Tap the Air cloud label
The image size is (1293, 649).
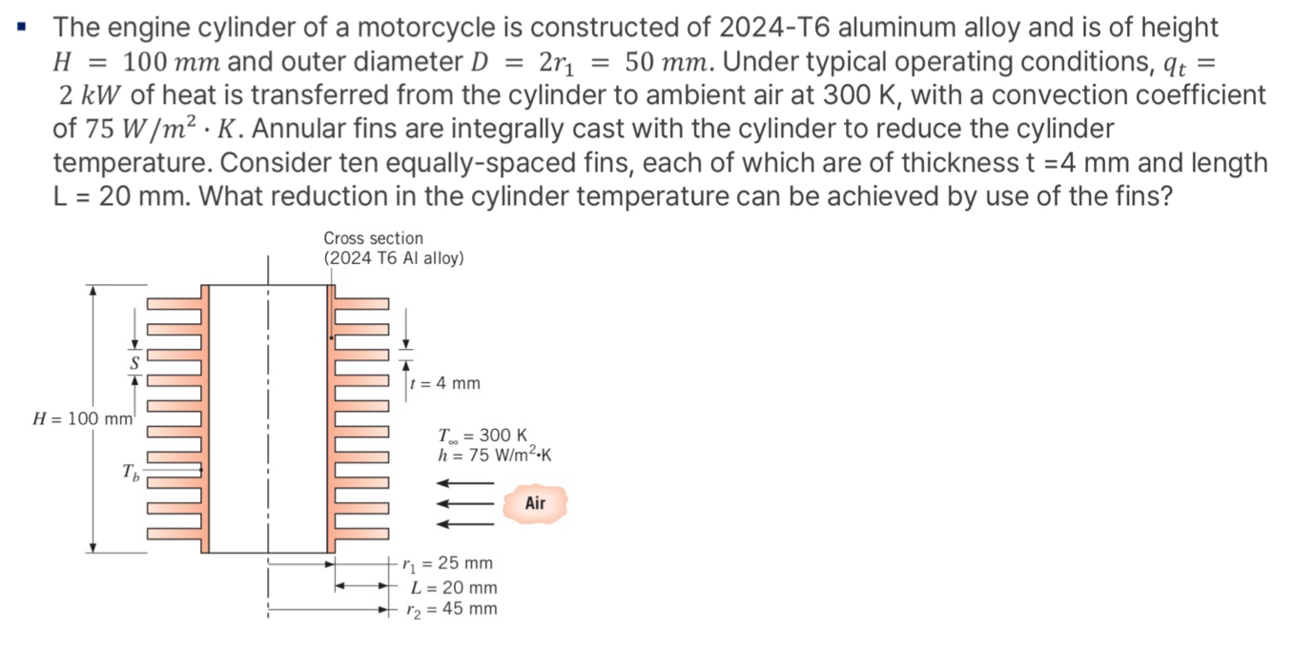[x=535, y=502]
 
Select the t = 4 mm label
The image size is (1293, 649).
[x=445, y=383]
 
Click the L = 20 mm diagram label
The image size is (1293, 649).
[x=454, y=587]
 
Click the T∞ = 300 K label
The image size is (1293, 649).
[x=482, y=437]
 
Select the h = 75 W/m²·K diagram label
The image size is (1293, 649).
[x=494, y=455]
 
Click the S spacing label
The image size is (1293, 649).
[x=134, y=363]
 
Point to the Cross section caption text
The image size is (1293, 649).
[x=373, y=238]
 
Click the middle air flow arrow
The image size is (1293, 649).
[x=464, y=503]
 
